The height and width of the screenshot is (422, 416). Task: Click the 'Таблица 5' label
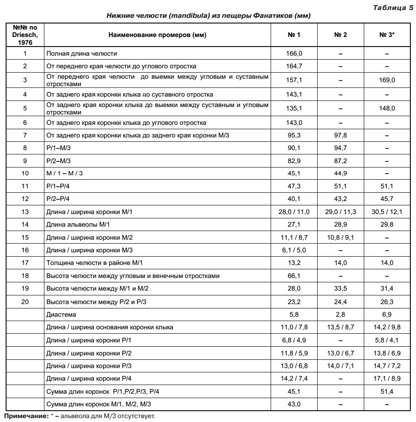pyautogui.click(x=393, y=7)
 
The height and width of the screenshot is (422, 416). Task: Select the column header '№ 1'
pyautogui.click(x=294, y=35)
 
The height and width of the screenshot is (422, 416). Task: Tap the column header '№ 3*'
pyautogui.click(x=387, y=35)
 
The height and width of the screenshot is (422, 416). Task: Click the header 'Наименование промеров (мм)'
pyautogui.click(x=158, y=35)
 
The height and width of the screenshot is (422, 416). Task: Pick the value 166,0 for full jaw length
pyautogui.click(x=294, y=54)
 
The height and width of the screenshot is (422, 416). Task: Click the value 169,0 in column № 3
pyautogui.click(x=387, y=80)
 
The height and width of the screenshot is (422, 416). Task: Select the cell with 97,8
pyautogui.click(x=340, y=135)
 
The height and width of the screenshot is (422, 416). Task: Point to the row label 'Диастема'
pyautogui.click(x=61, y=314)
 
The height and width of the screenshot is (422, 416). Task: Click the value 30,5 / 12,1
pyautogui.click(x=387, y=212)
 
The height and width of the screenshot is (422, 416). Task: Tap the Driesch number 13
pyautogui.click(x=25, y=212)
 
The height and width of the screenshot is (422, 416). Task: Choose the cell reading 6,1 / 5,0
pyautogui.click(x=294, y=250)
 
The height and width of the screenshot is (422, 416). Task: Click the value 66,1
pyautogui.click(x=294, y=276)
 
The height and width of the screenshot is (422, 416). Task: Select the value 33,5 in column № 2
pyautogui.click(x=340, y=288)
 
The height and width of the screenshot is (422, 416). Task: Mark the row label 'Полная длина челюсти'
pyautogui.click(x=82, y=54)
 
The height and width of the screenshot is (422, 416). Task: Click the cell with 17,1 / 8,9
pyautogui.click(x=387, y=378)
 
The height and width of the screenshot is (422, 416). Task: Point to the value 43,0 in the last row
pyautogui.click(x=294, y=404)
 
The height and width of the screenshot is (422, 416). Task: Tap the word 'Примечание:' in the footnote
pyautogui.click(x=27, y=416)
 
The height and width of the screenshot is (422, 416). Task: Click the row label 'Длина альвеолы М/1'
pyautogui.click(x=78, y=224)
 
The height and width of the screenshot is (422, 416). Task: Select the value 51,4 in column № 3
pyautogui.click(x=387, y=392)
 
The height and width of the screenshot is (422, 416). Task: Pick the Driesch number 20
pyautogui.click(x=25, y=301)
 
